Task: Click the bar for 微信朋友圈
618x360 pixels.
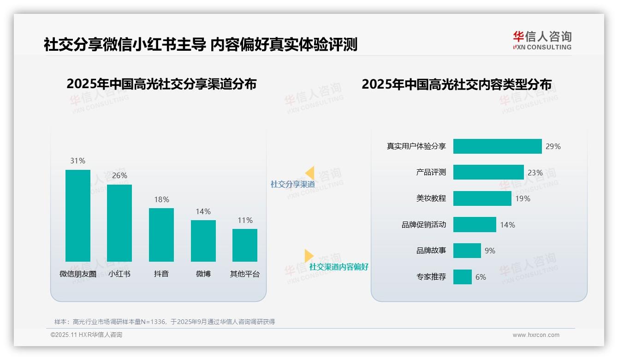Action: [78, 216]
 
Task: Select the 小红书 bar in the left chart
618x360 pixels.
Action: [119, 223]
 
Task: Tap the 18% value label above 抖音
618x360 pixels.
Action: [161, 199]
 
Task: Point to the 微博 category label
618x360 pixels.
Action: [203, 274]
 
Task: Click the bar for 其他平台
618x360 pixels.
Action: [245, 245]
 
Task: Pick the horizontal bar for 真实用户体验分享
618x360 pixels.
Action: [497, 146]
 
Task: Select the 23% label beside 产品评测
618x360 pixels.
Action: [535, 173]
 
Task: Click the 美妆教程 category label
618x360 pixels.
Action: [431, 198]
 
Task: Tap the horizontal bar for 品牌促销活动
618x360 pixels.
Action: [475, 225]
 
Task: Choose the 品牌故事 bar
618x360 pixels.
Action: [467, 251]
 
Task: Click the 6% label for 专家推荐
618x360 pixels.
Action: [481, 277]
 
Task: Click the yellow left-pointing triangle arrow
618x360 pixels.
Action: [310, 173]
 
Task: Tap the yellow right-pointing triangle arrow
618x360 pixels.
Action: [309, 256]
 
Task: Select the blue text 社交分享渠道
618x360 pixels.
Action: [292, 185]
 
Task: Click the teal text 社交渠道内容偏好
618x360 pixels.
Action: [339, 267]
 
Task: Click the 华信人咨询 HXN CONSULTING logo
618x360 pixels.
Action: [542, 41]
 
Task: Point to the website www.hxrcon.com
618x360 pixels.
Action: [535, 335]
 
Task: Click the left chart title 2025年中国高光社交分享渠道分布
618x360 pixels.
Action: [161, 84]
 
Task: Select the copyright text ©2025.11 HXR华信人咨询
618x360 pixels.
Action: [86, 335]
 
